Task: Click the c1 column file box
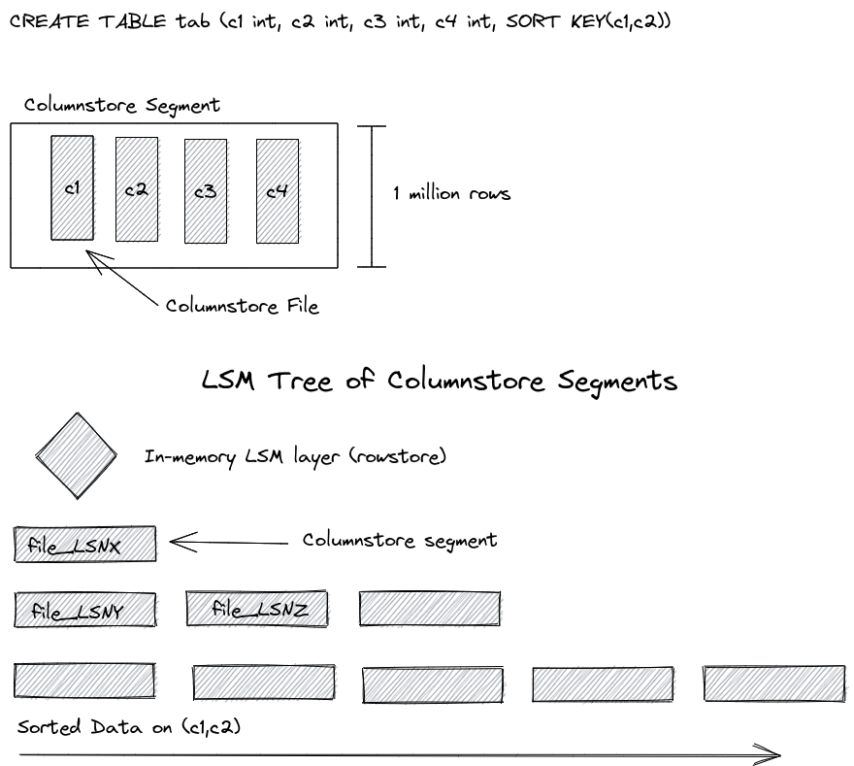pyautogui.click(x=72, y=187)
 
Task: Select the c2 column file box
pyautogui.click(x=136, y=189)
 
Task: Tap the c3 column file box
pyautogui.click(x=205, y=191)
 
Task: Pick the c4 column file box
pyautogui.click(x=277, y=191)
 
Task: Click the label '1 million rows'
pyautogui.click(x=451, y=193)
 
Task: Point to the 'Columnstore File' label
pyautogui.click(x=242, y=306)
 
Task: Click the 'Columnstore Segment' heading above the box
pyautogui.click(x=122, y=105)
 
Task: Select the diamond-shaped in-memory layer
pyautogui.click(x=76, y=454)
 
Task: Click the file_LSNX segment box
pyautogui.click(x=85, y=545)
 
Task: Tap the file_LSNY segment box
pyautogui.click(x=85, y=610)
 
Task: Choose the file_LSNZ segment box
pyautogui.click(x=257, y=609)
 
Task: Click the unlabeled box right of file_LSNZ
pyautogui.click(x=430, y=609)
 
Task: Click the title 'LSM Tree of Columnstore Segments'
pyautogui.click(x=439, y=380)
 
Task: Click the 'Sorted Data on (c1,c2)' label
pyautogui.click(x=128, y=727)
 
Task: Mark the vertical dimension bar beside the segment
pyautogui.click(x=372, y=195)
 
